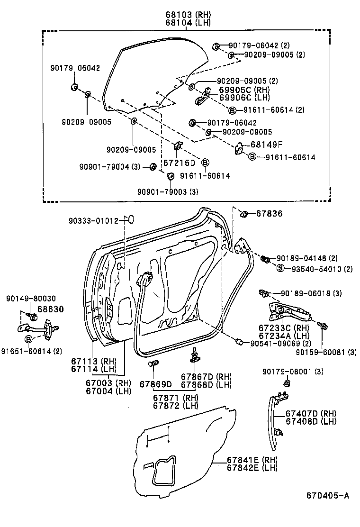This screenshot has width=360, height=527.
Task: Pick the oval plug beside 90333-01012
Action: [131, 219]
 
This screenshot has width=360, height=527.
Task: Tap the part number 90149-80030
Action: [31, 299]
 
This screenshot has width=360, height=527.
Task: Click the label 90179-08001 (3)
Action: [293, 372]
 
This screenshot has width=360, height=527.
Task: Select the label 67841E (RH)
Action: [252, 460]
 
